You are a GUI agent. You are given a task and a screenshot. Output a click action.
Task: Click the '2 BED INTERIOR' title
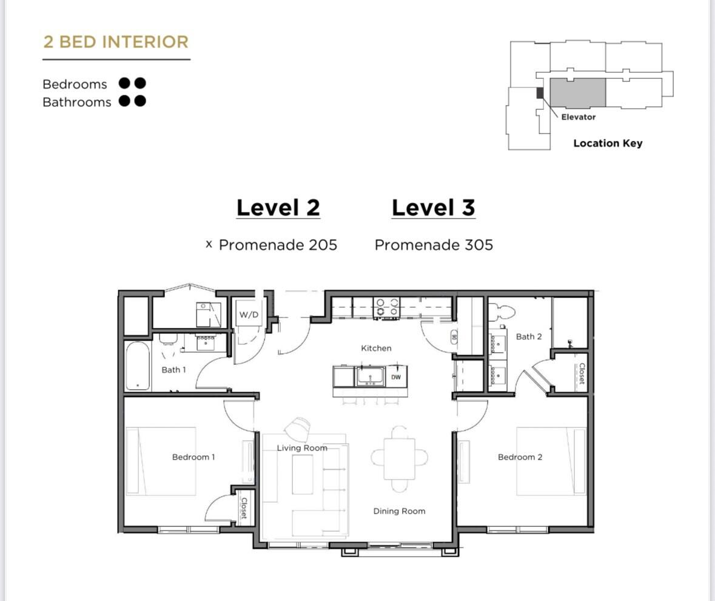click(116, 42)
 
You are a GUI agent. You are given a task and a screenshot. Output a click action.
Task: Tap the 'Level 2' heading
click(278, 208)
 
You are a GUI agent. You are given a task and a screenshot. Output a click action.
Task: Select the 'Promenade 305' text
click(434, 245)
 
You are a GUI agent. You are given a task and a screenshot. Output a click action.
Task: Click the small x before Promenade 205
click(209, 244)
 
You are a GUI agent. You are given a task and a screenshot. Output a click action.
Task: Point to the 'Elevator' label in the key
click(578, 117)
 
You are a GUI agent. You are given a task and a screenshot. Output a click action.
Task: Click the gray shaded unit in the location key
click(577, 92)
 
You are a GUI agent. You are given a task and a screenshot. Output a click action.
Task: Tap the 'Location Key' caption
click(608, 143)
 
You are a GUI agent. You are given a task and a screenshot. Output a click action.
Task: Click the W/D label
click(249, 315)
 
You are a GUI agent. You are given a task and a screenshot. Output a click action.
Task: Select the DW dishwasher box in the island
click(395, 377)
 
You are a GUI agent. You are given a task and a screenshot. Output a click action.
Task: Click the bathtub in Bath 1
click(138, 366)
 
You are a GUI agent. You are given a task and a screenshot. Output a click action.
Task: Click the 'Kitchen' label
click(376, 348)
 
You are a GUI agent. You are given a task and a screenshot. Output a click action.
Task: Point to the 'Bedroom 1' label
click(193, 457)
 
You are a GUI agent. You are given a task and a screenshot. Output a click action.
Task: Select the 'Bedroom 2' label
click(520, 457)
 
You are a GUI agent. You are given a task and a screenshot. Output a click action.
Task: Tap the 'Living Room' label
click(302, 448)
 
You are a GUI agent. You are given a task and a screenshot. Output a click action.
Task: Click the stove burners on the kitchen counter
click(386, 307)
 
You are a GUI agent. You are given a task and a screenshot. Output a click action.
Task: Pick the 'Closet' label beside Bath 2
click(582, 373)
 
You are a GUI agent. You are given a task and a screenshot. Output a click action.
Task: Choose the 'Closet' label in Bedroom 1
click(244, 508)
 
